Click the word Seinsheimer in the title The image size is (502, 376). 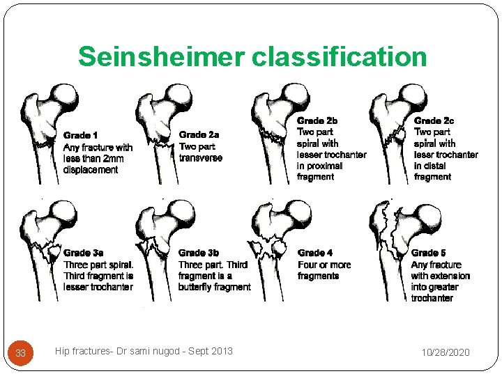(162, 56)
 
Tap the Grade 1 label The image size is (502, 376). (81, 135)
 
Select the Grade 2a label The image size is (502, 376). (199, 134)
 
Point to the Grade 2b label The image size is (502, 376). (316, 120)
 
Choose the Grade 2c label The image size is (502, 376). (433, 120)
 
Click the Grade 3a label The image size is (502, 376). (84, 253)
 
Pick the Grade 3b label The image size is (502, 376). (199, 253)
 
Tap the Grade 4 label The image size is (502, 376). (314, 253)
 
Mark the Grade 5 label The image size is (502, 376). (429, 253)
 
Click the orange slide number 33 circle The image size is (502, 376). (21, 353)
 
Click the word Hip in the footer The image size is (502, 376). (62, 352)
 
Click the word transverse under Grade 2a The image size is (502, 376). (201, 157)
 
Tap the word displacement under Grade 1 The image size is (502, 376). (91, 169)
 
